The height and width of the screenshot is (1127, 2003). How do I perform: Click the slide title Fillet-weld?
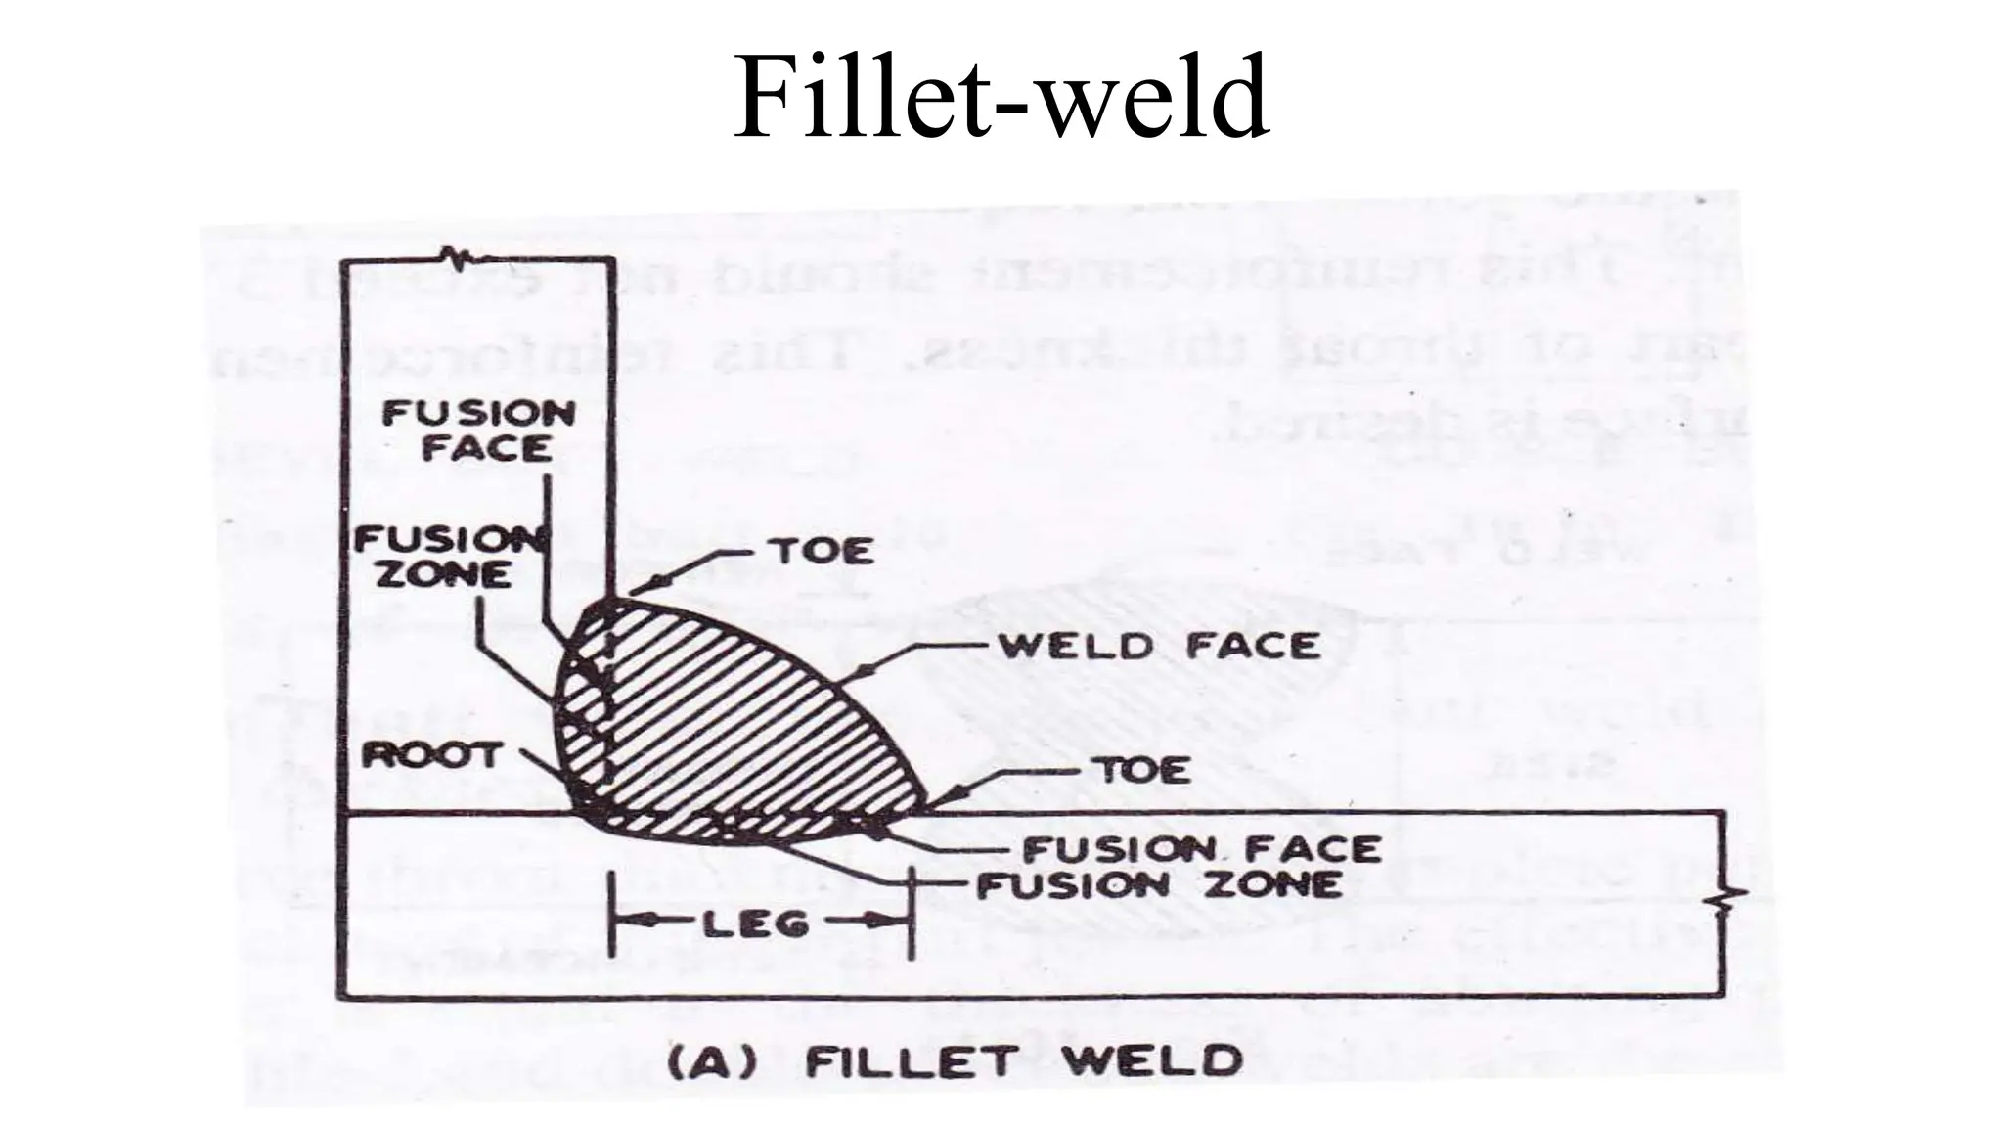pyautogui.click(x=1001, y=98)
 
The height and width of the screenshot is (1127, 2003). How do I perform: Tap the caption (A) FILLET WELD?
pyautogui.click(x=954, y=1061)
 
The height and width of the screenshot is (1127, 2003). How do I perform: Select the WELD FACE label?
pyautogui.click(x=1158, y=647)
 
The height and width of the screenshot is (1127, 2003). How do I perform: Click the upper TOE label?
pyautogui.click(x=823, y=552)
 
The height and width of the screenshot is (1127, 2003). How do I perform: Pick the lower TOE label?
pyautogui.click(x=1144, y=771)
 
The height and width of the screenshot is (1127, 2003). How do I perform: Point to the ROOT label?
pyautogui.click(x=430, y=755)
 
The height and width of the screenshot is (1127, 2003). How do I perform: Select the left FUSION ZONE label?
pyautogui.click(x=446, y=557)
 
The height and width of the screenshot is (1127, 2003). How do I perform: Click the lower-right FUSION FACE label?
pyautogui.click(x=1201, y=849)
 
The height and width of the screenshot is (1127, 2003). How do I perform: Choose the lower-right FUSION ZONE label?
pyautogui.click(x=1159, y=885)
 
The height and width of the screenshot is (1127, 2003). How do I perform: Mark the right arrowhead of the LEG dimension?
pyautogui.click(x=894, y=921)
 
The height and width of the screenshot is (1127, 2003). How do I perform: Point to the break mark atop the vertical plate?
pyautogui.click(x=458, y=257)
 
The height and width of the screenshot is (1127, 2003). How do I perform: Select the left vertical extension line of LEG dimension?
pyautogui.click(x=611, y=915)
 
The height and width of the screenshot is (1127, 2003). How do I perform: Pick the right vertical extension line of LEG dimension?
pyautogui.click(x=910, y=915)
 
